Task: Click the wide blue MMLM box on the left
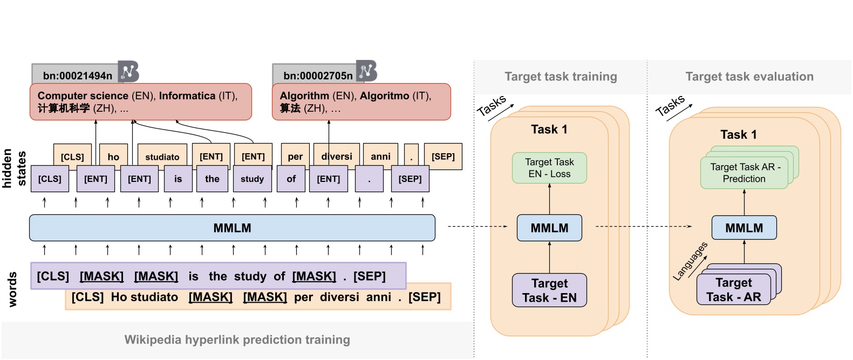point(232,228)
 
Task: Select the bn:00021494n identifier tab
point(77,75)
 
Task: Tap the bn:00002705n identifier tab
point(317,75)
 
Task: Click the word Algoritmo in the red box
point(384,96)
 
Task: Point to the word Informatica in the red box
point(187,96)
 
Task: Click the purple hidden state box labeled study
point(252,179)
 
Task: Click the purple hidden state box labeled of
point(291,179)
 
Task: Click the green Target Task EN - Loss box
point(549,168)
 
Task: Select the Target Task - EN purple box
point(549,290)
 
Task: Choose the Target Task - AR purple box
point(733,290)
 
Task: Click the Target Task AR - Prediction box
point(744,173)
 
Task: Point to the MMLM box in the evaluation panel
point(744,228)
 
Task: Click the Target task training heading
point(561,77)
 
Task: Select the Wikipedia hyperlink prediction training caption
point(237,340)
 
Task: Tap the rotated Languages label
point(690,262)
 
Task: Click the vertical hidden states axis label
point(14,168)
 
